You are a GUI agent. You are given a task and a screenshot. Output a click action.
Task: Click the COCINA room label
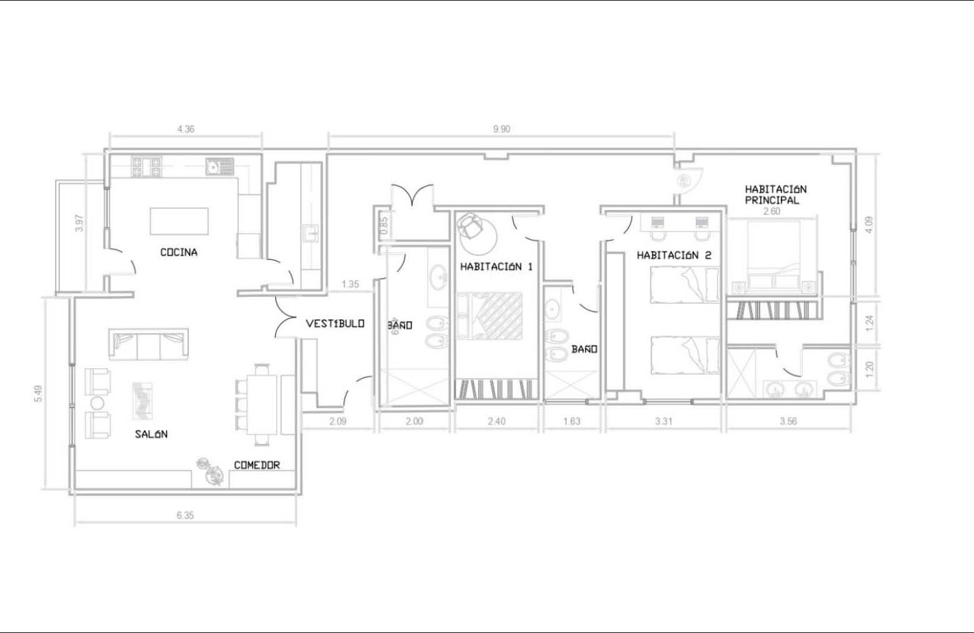click(x=179, y=252)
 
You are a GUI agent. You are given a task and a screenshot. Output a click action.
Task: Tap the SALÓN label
click(x=151, y=434)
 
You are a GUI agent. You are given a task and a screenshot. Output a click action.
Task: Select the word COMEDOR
click(x=257, y=465)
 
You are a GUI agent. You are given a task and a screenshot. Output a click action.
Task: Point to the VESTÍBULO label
click(x=335, y=324)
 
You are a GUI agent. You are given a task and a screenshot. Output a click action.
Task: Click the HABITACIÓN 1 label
click(x=496, y=266)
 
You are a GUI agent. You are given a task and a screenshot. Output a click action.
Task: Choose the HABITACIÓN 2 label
click(x=674, y=255)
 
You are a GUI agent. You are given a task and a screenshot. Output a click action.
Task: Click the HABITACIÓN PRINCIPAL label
click(x=776, y=194)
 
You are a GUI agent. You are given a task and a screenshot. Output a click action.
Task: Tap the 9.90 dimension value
click(x=501, y=129)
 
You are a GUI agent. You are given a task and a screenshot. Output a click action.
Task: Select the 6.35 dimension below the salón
click(x=185, y=515)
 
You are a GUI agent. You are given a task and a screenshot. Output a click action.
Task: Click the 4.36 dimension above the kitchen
click(x=186, y=129)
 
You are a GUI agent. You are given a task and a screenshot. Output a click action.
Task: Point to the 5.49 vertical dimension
click(x=39, y=394)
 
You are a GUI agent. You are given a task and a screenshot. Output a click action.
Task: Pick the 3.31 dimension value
click(x=663, y=421)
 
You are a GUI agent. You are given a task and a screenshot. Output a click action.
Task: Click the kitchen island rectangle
click(x=179, y=221)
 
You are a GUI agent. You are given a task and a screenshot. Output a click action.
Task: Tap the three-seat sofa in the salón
click(x=148, y=344)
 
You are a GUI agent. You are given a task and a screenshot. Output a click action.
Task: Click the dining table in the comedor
click(x=261, y=405)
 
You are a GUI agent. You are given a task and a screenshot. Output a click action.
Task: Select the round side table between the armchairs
click(x=97, y=403)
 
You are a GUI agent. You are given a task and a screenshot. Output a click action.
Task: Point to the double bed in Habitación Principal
click(x=773, y=255)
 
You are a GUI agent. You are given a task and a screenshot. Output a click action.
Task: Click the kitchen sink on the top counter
click(x=219, y=166)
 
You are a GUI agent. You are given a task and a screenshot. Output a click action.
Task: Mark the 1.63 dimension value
click(x=572, y=421)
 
